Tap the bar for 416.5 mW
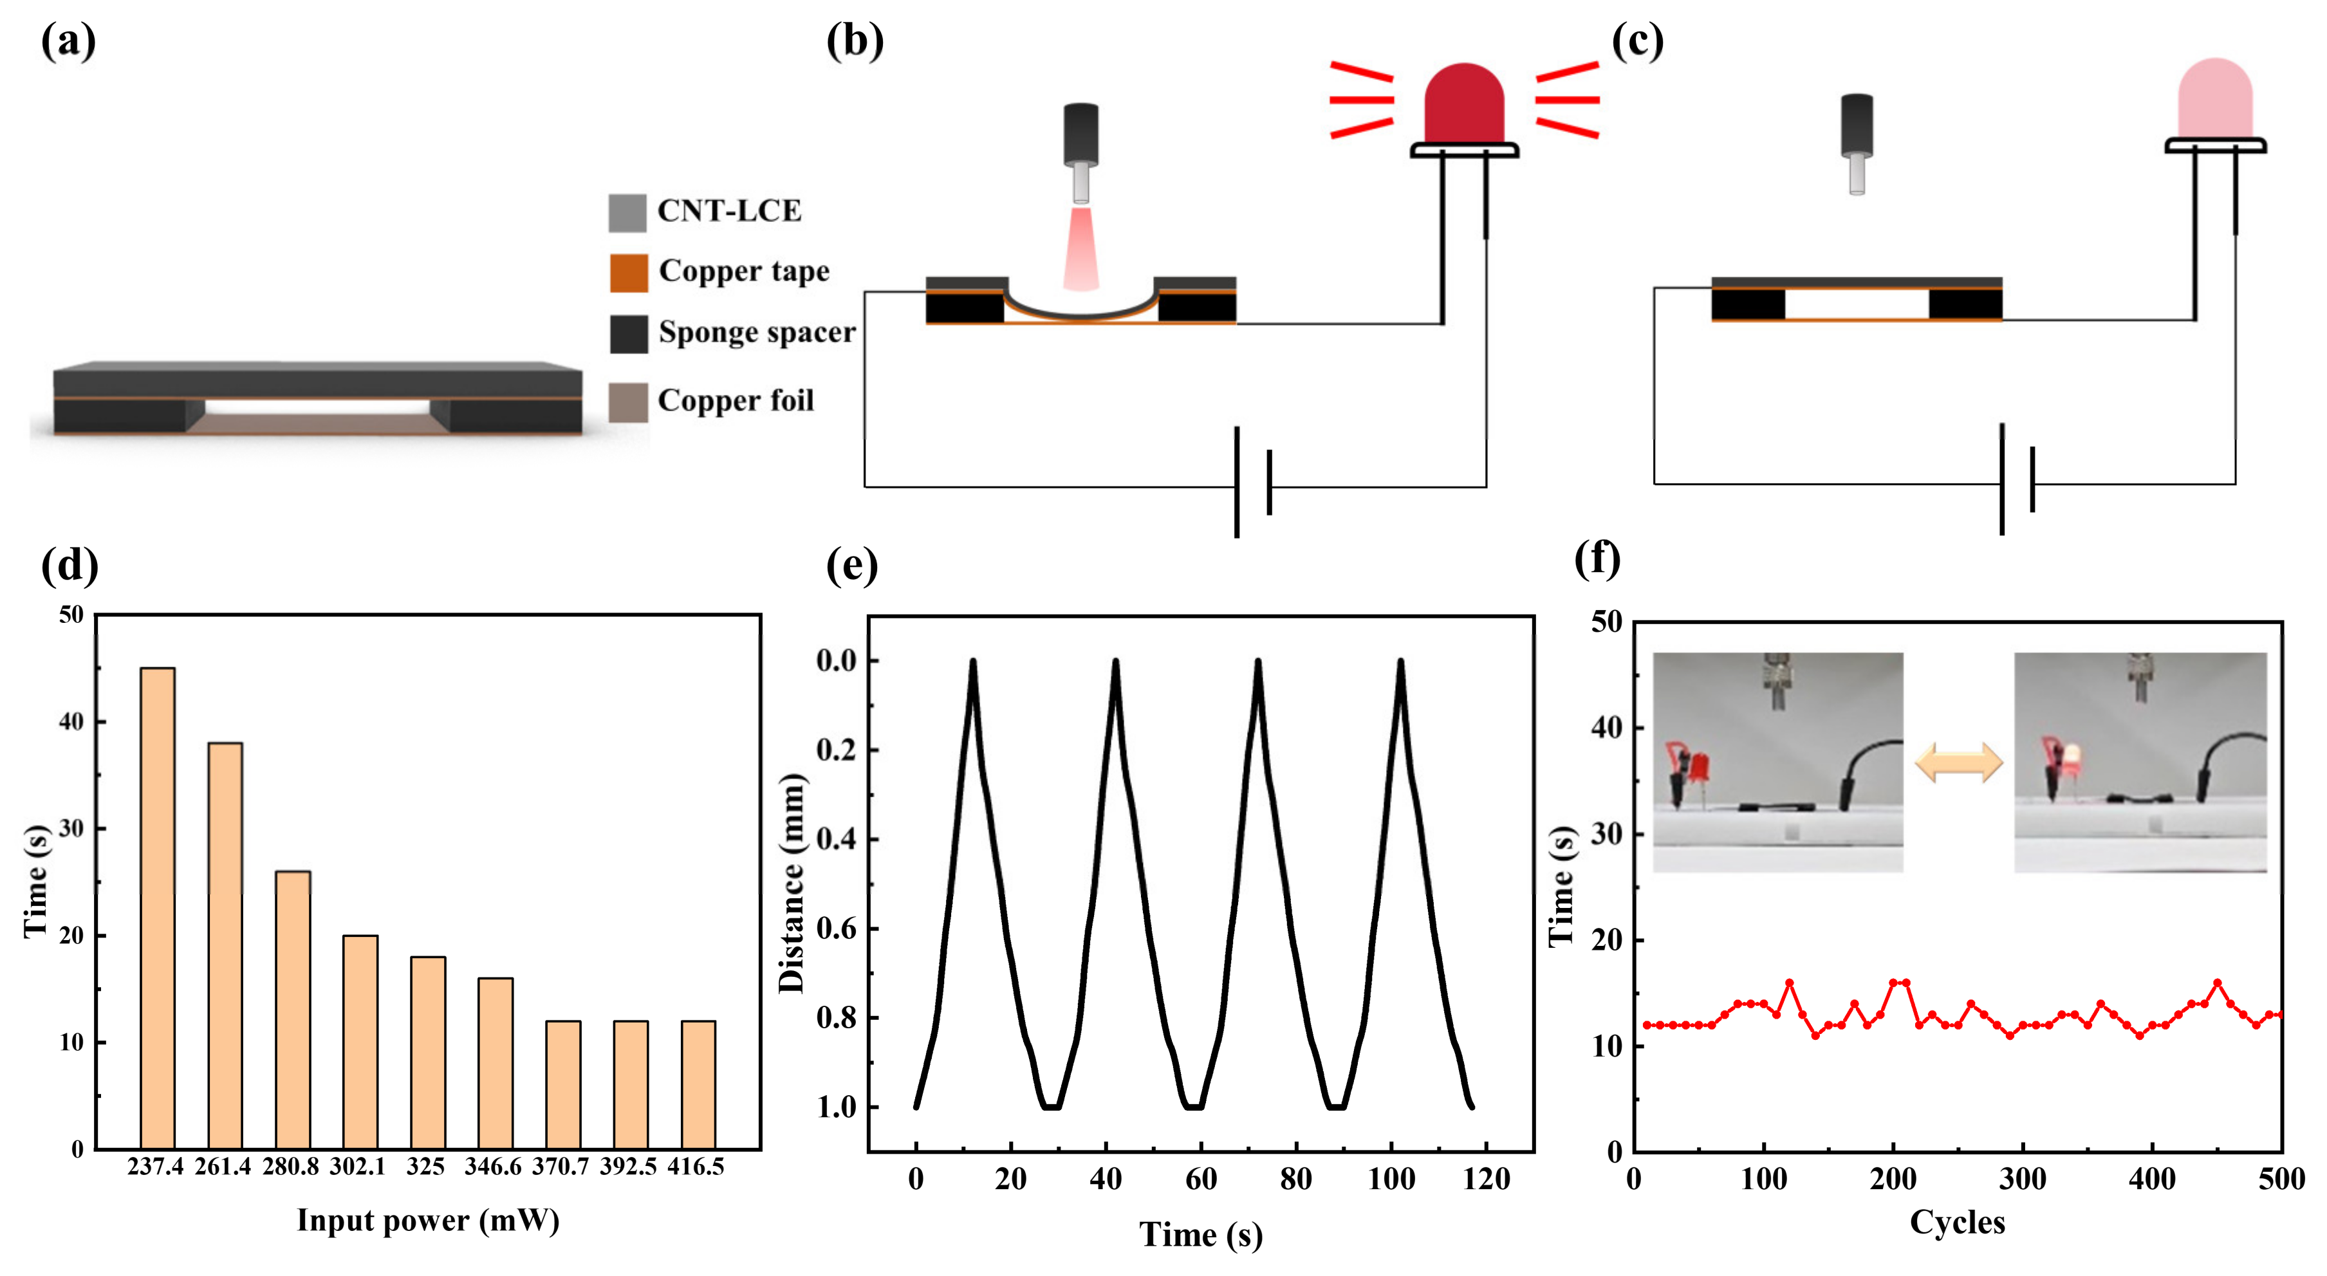698,1084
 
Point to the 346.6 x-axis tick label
492,1167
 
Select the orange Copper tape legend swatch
628,273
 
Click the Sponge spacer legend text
756,332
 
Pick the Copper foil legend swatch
628,402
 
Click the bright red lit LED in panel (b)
1464,104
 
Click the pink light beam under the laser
1080,248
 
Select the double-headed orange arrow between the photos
1958,763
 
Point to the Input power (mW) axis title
428,1221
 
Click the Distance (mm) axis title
792,883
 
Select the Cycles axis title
1956,1222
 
